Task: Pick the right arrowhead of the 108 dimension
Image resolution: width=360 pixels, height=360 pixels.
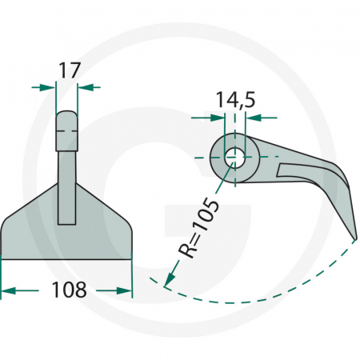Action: (126, 290)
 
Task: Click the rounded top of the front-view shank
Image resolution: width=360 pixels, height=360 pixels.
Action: (67, 116)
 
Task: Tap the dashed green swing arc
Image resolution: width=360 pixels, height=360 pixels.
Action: (256, 302)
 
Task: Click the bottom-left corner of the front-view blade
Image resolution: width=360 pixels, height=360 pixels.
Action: (2, 259)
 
